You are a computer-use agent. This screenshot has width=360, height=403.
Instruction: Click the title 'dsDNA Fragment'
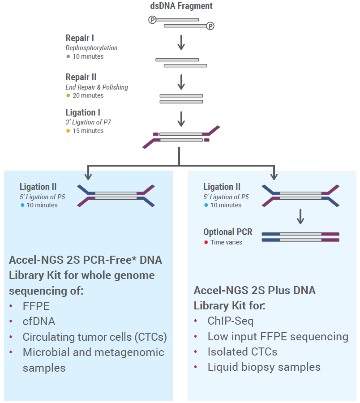(181, 6)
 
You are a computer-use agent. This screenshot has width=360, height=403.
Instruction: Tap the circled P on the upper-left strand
(152, 20)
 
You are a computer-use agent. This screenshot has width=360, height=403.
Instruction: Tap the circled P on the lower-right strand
(210, 26)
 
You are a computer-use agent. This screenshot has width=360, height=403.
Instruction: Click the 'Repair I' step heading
(80, 38)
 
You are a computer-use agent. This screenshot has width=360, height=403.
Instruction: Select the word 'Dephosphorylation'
(91, 48)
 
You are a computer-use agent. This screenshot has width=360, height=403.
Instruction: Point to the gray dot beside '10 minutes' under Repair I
(68, 56)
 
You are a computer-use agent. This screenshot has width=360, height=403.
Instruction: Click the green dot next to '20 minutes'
(68, 95)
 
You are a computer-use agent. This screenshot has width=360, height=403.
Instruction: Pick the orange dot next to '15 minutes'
(68, 131)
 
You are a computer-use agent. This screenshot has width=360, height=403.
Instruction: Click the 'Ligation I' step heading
(83, 112)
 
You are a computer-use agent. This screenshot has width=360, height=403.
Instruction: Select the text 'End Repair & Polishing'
(97, 87)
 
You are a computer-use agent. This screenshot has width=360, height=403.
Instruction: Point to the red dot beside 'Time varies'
(206, 242)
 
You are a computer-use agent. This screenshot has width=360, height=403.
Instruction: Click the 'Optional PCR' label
(227, 232)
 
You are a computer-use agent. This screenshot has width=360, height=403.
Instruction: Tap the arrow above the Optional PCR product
(300, 216)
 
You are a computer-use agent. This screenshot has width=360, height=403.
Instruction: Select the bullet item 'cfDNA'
(39, 322)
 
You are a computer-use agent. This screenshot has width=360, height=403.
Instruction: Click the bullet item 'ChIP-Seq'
(231, 321)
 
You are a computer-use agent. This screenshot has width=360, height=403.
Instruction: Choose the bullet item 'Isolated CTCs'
(242, 352)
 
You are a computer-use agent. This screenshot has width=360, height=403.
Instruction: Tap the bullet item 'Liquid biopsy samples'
(264, 367)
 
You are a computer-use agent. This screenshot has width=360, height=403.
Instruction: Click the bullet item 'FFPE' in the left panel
(36, 306)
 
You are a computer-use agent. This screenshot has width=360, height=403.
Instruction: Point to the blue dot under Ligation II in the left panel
(22, 205)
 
